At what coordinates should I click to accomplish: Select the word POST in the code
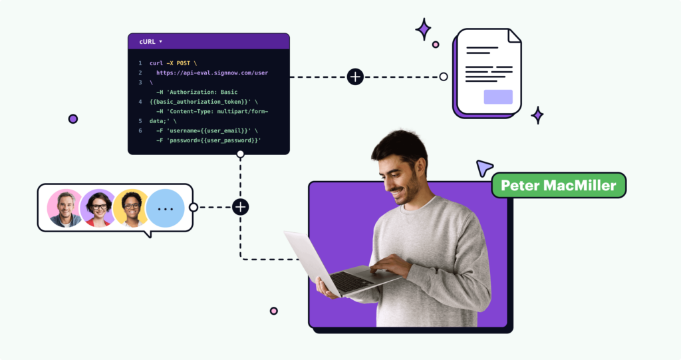click(x=182, y=63)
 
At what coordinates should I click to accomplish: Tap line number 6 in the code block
click(x=140, y=131)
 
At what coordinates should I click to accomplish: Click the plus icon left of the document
click(x=355, y=77)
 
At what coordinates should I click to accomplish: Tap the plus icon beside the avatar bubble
click(x=240, y=207)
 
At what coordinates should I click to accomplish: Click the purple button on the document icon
click(x=498, y=97)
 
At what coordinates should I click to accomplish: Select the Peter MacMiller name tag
click(x=559, y=185)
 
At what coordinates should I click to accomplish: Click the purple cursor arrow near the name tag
click(x=483, y=168)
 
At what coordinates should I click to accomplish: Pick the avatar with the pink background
click(x=66, y=208)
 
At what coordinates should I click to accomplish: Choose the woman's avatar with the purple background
click(x=98, y=208)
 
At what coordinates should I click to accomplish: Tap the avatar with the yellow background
click(x=132, y=208)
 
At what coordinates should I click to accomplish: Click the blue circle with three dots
click(x=165, y=208)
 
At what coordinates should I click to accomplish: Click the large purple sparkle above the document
click(x=423, y=29)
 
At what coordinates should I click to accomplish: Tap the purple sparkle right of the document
click(x=537, y=115)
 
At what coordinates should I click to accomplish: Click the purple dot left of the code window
click(x=73, y=119)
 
